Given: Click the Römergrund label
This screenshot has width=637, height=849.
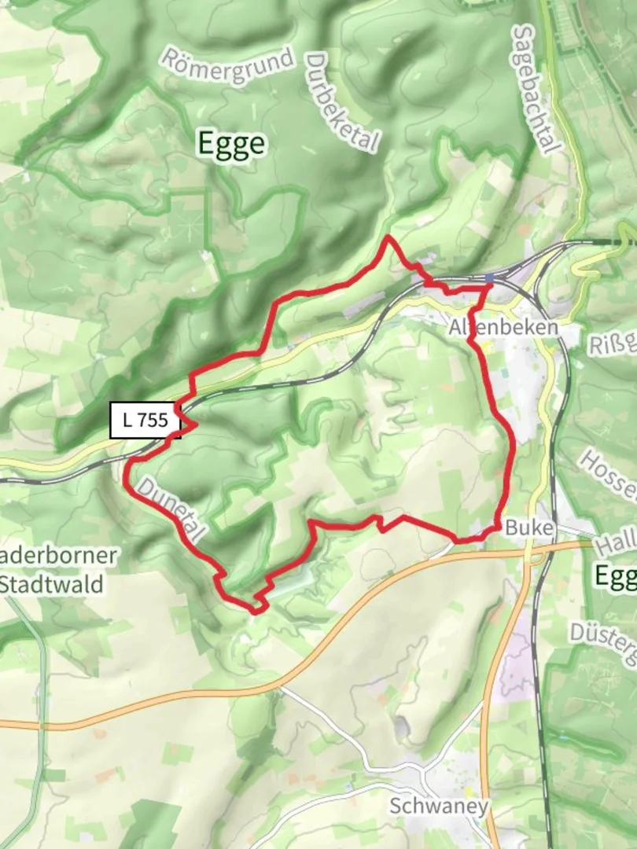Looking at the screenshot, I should click(228, 59).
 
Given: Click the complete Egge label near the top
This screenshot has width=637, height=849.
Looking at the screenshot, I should click(231, 145).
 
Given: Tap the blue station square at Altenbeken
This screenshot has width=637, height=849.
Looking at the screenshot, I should click(489, 278).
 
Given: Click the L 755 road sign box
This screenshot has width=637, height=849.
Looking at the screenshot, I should click(145, 421).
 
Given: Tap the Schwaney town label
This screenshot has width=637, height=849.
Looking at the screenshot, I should click(440, 806).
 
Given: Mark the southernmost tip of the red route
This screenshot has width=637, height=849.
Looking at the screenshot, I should click(255, 610).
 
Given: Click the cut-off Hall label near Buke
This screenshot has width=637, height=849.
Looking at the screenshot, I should click(615, 543).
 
